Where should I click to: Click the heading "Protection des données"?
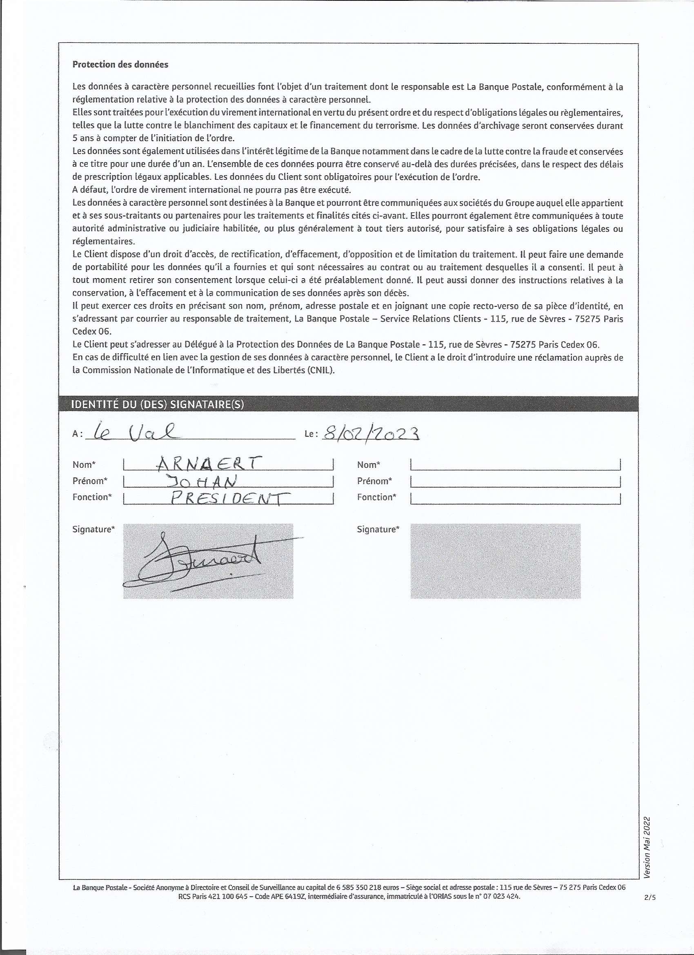click(x=120, y=65)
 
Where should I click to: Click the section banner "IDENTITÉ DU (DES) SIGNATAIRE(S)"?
click(x=158, y=404)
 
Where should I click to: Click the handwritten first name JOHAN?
click(x=201, y=480)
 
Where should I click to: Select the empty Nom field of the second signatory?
click(x=515, y=464)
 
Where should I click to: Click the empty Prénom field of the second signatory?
click(x=515, y=481)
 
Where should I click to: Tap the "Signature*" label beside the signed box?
click(x=93, y=529)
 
